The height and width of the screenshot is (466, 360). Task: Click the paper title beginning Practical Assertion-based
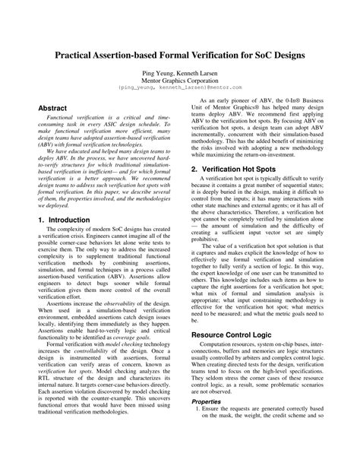pyautogui.click(x=179, y=56)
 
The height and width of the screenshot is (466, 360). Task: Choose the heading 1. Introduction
pyautogui.click(x=68, y=219)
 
